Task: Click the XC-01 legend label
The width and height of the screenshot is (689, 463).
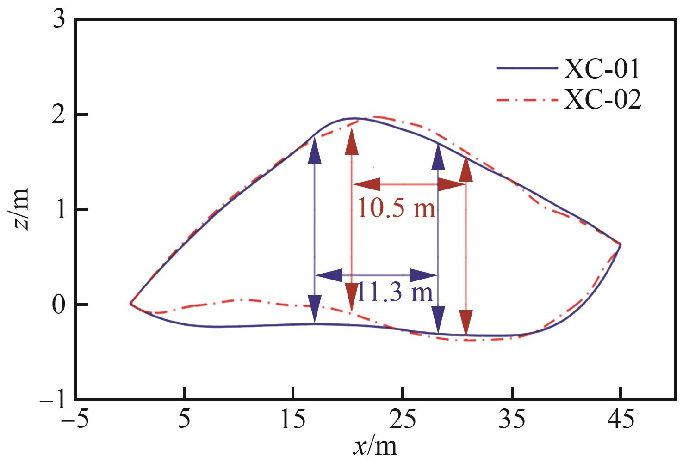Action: (x=602, y=69)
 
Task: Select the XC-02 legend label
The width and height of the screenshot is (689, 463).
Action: (x=602, y=101)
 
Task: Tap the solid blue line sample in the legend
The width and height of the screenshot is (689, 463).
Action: (x=527, y=68)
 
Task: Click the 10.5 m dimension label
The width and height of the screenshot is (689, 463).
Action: (x=397, y=209)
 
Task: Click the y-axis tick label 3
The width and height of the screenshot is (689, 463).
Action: (x=59, y=21)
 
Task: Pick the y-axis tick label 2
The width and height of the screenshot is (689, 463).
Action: (x=59, y=115)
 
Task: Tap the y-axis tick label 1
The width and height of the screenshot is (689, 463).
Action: (x=59, y=210)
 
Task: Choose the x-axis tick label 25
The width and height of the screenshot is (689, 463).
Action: (x=403, y=421)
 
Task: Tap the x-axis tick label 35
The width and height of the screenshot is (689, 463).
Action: (x=512, y=421)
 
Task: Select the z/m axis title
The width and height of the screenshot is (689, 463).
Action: (x=19, y=209)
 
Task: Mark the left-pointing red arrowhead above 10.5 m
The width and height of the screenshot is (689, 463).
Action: (x=366, y=184)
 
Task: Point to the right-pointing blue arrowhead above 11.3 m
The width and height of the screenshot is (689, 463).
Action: (x=423, y=275)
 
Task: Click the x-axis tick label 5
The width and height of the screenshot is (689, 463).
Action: (x=184, y=421)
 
